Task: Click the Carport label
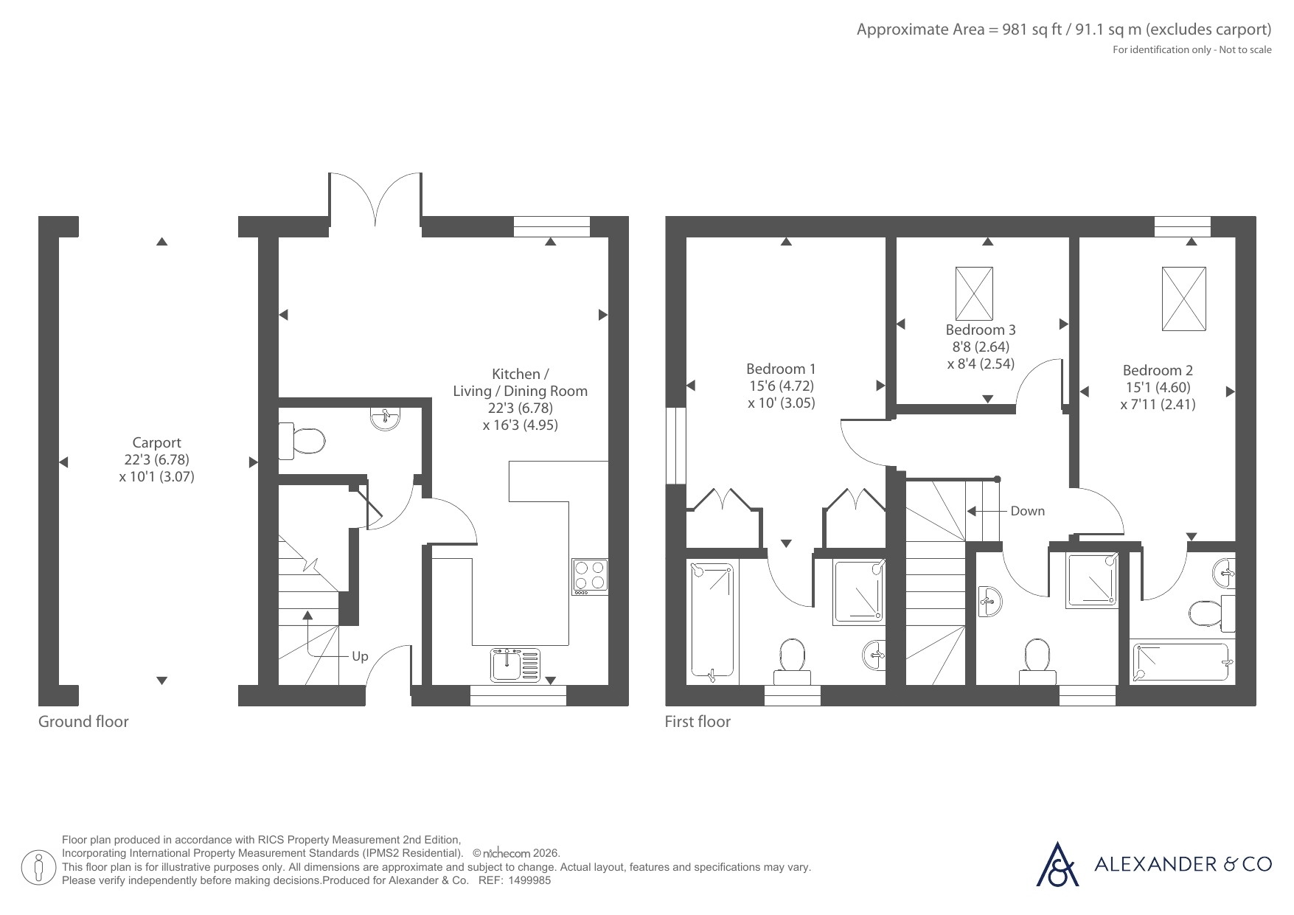(x=156, y=442)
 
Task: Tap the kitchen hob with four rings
(x=590, y=577)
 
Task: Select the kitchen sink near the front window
(x=515, y=665)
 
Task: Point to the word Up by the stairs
(x=360, y=656)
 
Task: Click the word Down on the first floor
(x=1027, y=511)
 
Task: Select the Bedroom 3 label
(x=981, y=330)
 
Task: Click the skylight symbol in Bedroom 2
(x=1184, y=299)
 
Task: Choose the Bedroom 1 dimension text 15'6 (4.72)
(x=782, y=386)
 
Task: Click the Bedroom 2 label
(x=1158, y=370)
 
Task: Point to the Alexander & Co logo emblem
(x=1057, y=863)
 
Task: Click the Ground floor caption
(x=83, y=722)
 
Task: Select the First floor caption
(x=698, y=722)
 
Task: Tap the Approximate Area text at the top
(x=1064, y=29)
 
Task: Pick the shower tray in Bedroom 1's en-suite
(x=859, y=593)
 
